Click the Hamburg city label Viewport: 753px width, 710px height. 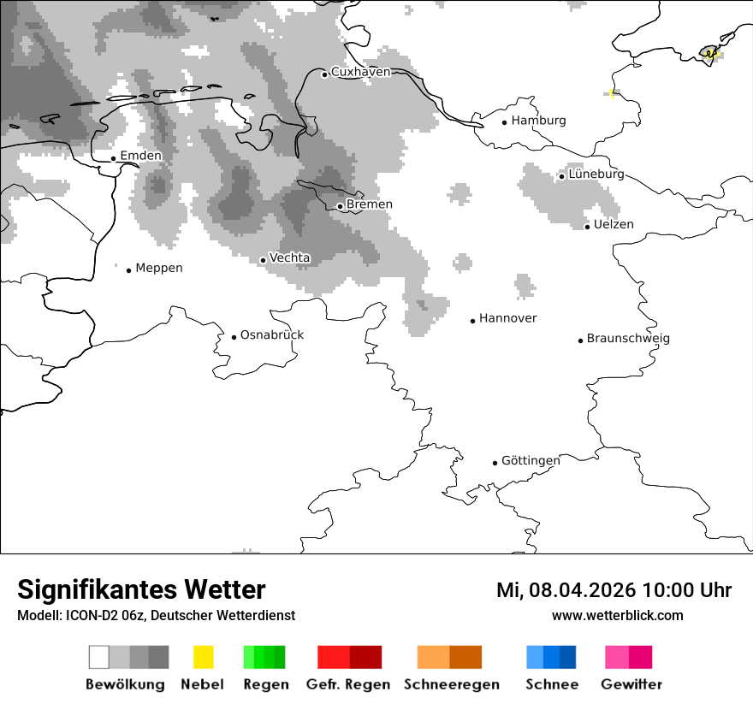click(x=538, y=121)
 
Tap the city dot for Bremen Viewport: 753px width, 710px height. click(x=340, y=206)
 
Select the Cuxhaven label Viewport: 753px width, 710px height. click(x=360, y=72)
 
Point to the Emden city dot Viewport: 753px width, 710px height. click(x=113, y=158)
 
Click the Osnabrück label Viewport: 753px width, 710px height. click(x=272, y=334)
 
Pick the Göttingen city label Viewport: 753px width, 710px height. click(x=531, y=460)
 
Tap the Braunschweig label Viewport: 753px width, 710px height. click(x=628, y=338)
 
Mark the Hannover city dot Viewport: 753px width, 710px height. click(x=472, y=321)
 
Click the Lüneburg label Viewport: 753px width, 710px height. click(x=596, y=174)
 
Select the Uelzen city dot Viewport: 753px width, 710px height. click(x=587, y=227)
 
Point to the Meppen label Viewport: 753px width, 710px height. click(x=159, y=268)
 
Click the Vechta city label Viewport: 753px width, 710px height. click(x=290, y=257)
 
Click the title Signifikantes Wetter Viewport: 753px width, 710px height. click(x=141, y=589)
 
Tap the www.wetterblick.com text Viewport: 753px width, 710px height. click(x=617, y=615)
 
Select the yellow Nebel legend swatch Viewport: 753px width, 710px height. click(x=203, y=657)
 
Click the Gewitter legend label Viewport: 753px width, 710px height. click(x=631, y=684)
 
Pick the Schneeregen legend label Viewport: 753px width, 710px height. click(x=452, y=684)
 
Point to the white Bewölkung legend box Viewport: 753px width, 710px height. click(x=98, y=657)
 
